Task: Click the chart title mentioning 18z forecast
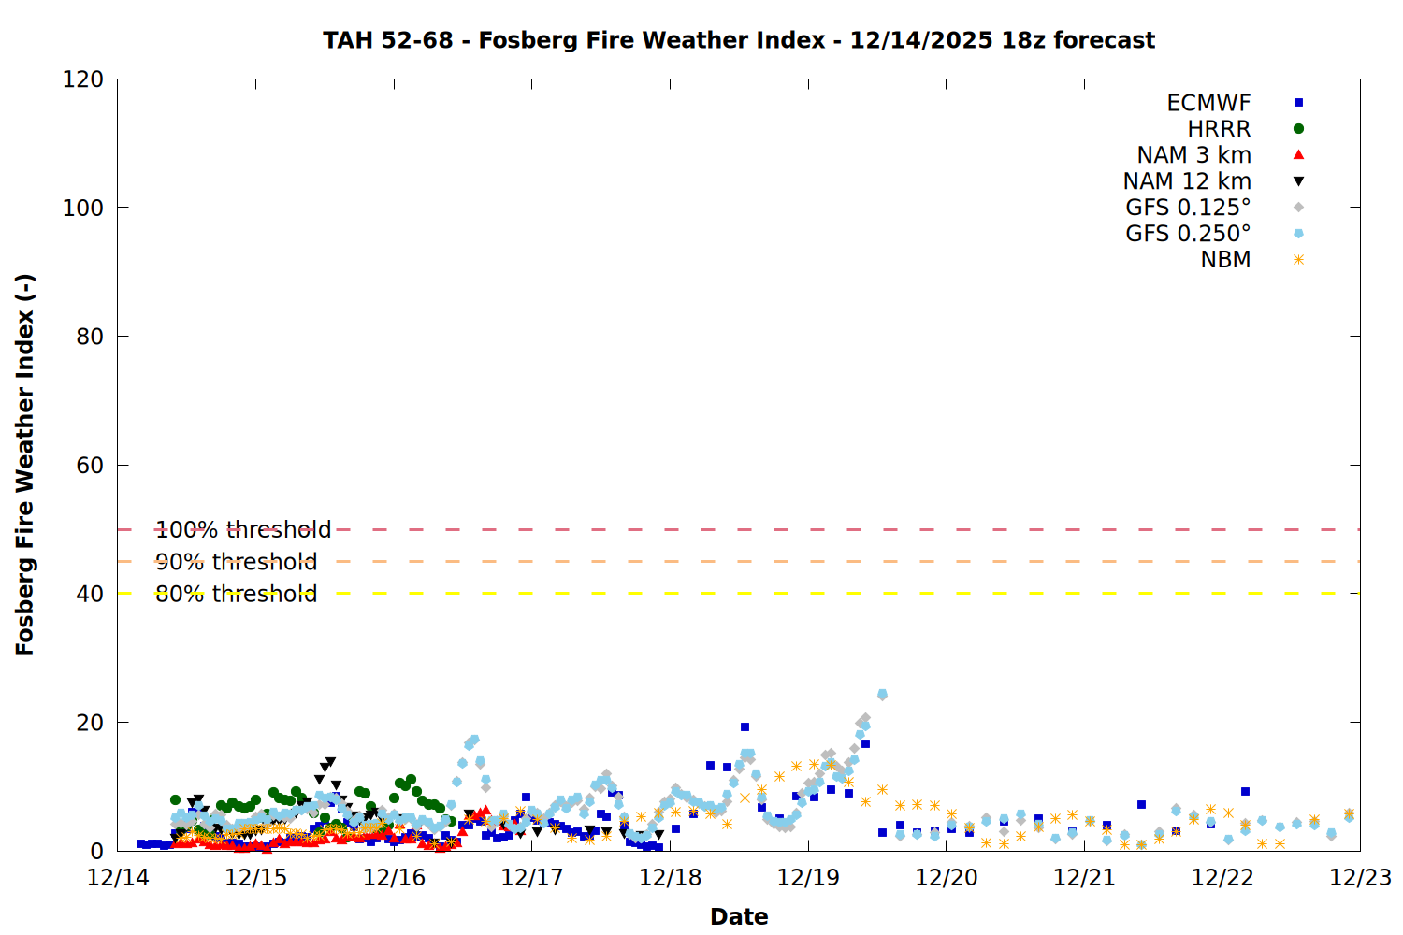coord(739,40)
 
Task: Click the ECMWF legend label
coord(1208,103)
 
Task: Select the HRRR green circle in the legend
coord(1298,129)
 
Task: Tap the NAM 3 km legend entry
coord(1193,155)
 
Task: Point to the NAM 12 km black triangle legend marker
coord(1298,181)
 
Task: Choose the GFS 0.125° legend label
coord(1188,208)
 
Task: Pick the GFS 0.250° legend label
coord(1188,234)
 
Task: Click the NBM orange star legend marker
coord(1298,260)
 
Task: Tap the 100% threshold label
coord(243,530)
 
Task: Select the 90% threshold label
coord(236,562)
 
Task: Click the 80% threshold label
coord(236,594)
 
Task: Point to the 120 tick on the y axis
coord(83,79)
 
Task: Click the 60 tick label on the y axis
coord(90,466)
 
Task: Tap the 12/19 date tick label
coord(808,878)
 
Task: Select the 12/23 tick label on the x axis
coord(1360,878)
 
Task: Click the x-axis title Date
coord(739,916)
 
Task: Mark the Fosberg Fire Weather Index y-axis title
coord(25,465)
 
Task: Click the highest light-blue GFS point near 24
coord(882,695)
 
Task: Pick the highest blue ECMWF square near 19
coord(745,726)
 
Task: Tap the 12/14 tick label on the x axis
coord(118,878)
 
